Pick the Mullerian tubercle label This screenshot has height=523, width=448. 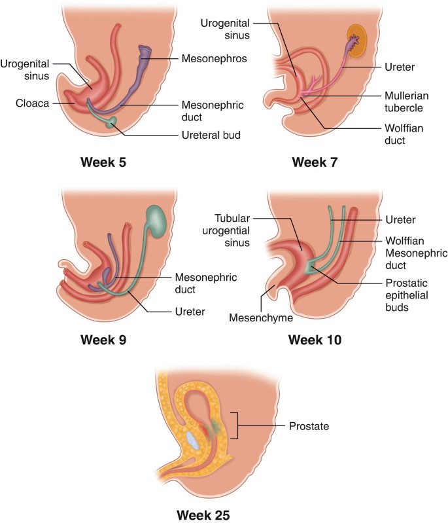point(405,103)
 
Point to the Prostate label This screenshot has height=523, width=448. point(309,426)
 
